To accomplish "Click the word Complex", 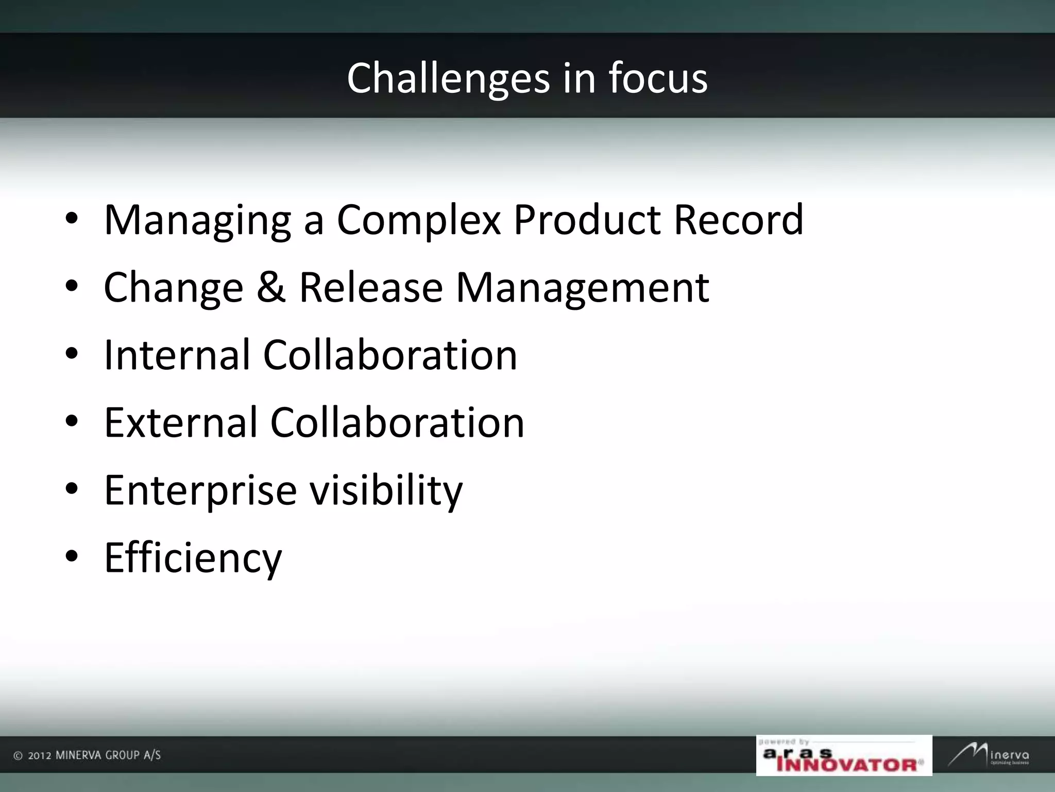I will (x=419, y=221).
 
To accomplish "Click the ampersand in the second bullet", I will (x=271, y=287).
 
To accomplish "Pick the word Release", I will (x=371, y=287).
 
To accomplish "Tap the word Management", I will (x=583, y=288).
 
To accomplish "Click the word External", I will (x=180, y=422).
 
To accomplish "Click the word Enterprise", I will (x=200, y=491).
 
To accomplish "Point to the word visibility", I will (x=386, y=491).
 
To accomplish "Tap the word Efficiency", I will (x=193, y=558).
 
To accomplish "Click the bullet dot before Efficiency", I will (x=72, y=556).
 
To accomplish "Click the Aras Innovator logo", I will (x=844, y=755).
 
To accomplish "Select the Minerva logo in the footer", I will (x=990, y=755).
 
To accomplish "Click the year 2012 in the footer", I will (x=39, y=756).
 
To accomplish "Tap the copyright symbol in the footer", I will (x=18, y=756).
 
